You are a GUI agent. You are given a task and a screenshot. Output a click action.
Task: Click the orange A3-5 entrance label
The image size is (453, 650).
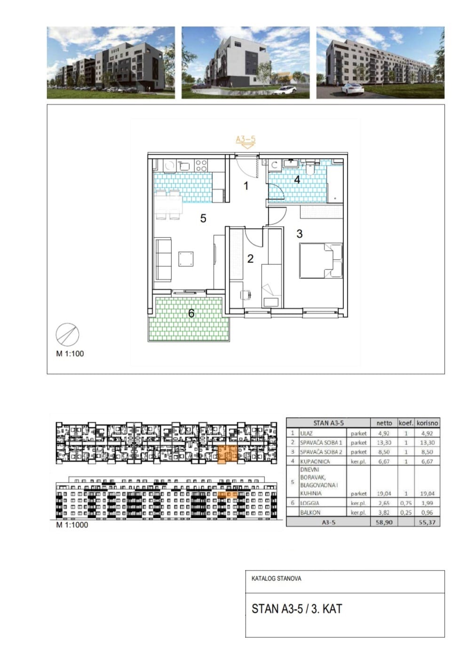click(246, 139)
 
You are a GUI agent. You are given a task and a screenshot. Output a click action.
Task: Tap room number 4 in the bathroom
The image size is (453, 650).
click(297, 180)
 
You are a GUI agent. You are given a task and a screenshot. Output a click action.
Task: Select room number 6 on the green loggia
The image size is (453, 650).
click(191, 313)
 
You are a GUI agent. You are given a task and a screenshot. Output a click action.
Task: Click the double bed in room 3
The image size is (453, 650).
click(321, 260)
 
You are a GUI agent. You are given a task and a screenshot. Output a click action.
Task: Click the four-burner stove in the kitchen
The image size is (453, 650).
click(201, 166)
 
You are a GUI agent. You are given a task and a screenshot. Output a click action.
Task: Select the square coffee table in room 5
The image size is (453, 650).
click(186, 259)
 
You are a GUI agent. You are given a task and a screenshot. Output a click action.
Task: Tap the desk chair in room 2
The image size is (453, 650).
click(246, 295)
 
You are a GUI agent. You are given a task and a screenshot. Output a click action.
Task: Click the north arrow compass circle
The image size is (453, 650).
click(67, 334)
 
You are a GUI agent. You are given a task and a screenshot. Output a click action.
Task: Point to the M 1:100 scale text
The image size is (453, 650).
click(70, 353)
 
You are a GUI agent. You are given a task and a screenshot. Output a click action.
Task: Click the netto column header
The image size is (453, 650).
click(384, 423)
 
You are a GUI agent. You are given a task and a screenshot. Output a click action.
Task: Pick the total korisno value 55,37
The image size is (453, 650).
click(427, 523)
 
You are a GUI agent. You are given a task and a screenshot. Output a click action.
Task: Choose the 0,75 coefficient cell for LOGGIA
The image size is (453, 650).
click(405, 503)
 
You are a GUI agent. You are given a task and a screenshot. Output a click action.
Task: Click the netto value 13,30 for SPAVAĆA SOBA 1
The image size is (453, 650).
click(384, 443)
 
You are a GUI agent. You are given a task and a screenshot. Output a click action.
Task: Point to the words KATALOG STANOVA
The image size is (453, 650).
click(276, 579)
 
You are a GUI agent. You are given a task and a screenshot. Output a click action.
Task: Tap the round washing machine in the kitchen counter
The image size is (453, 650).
click(168, 166)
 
